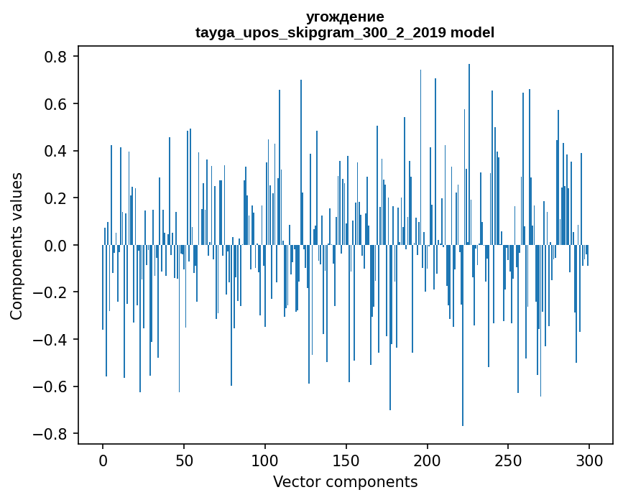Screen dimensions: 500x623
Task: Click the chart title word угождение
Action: click(x=345, y=17)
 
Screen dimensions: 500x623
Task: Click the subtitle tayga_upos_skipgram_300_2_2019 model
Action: click(x=345, y=32)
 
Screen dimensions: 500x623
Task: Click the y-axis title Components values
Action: click(x=16, y=246)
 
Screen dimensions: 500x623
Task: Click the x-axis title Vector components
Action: click(x=345, y=481)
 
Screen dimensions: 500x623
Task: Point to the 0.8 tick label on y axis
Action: click(x=57, y=57)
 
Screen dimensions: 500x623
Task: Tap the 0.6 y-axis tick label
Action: click(x=57, y=104)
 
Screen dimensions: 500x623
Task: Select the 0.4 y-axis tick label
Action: click(x=57, y=151)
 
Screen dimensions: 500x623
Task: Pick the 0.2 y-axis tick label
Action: click(x=57, y=198)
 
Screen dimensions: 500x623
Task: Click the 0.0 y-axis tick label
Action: click(x=57, y=246)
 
